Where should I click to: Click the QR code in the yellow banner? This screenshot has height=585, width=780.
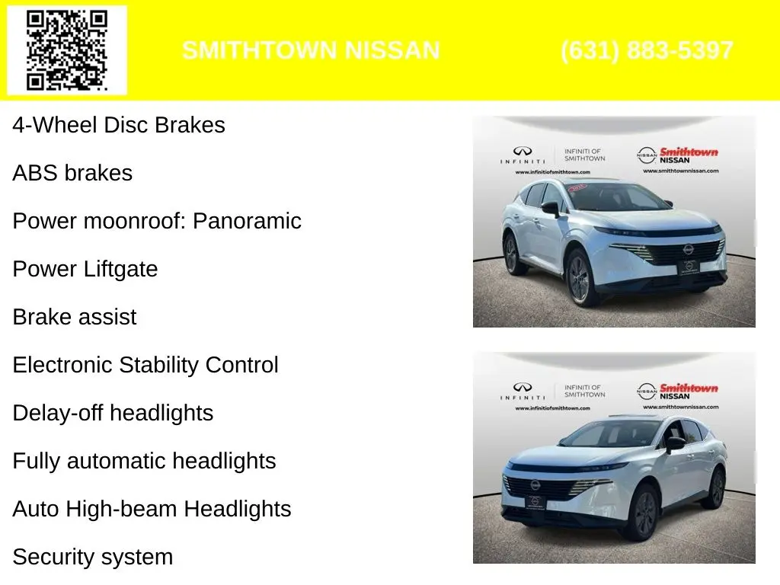tap(67, 50)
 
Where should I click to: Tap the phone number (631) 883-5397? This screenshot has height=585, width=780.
tap(647, 50)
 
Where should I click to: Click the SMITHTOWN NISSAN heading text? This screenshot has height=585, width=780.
tap(311, 50)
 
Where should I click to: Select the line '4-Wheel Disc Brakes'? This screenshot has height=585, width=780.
tap(119, 125)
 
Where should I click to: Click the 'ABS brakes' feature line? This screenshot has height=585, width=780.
tap(72, 173)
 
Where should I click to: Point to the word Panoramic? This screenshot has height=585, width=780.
tap(247, 221)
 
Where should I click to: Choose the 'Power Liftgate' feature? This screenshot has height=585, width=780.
tap(85, 269)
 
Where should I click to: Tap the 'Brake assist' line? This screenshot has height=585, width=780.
tap(75, 317)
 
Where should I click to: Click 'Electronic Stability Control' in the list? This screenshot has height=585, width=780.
tap(145, 365)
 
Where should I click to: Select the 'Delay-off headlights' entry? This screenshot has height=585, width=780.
tap(113, 413)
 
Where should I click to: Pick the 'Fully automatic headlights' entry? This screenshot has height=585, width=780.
tap(144, 461)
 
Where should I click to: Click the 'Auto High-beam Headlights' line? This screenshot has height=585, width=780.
tap(152, 509)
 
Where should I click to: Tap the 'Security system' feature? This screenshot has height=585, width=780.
tap(93, 557)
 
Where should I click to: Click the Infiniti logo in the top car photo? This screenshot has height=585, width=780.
tap(523, 151)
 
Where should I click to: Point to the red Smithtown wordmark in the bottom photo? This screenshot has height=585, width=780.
tap(689, 388)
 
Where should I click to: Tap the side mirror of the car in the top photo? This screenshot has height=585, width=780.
tap(551, 208)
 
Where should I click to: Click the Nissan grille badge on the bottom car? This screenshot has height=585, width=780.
tap(535, 484)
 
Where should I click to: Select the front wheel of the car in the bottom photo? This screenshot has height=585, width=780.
tap(647, 514)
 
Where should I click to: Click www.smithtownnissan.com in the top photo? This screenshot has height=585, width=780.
tap(680, 171)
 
